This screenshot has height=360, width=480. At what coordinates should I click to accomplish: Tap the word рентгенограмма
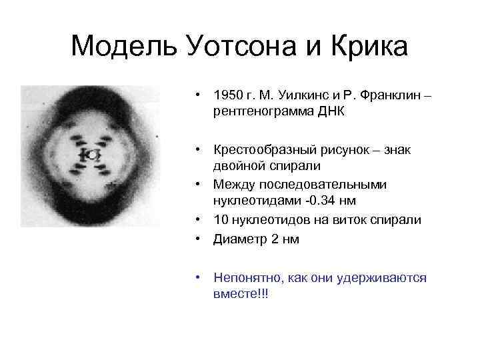coord(264,112)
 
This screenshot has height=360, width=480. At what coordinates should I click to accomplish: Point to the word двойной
coord(238,165)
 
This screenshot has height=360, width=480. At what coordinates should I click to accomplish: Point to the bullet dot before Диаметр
coord(199,239)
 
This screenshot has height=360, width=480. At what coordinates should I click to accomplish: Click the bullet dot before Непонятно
coord(199,277)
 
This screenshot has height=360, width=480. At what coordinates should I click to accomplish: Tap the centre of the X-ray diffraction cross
coord(91,155)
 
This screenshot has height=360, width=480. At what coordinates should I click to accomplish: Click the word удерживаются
coord(385,277)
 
